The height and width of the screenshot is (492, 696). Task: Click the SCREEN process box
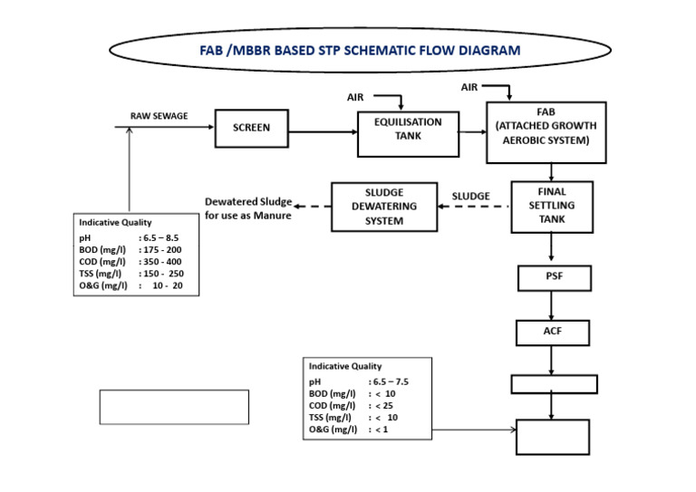[252, 129]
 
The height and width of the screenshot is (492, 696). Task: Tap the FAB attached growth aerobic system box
[546, 132]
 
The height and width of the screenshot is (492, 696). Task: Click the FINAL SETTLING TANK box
[551, 207]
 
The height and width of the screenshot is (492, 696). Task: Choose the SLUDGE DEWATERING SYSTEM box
[384, 207]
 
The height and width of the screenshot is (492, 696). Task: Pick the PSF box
[553, 277]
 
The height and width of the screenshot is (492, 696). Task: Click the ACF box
[553, 332]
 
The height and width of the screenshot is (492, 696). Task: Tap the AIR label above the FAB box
[469, 87]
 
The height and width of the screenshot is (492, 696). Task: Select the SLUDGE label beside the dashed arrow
[470, 196]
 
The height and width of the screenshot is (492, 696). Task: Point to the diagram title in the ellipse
[360, 51]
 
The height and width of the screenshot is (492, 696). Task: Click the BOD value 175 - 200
[163, 248]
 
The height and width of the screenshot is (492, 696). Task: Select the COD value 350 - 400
[163, 261]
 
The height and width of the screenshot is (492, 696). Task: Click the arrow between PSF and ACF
[553, 304]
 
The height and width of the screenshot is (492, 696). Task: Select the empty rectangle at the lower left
[173, 407]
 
